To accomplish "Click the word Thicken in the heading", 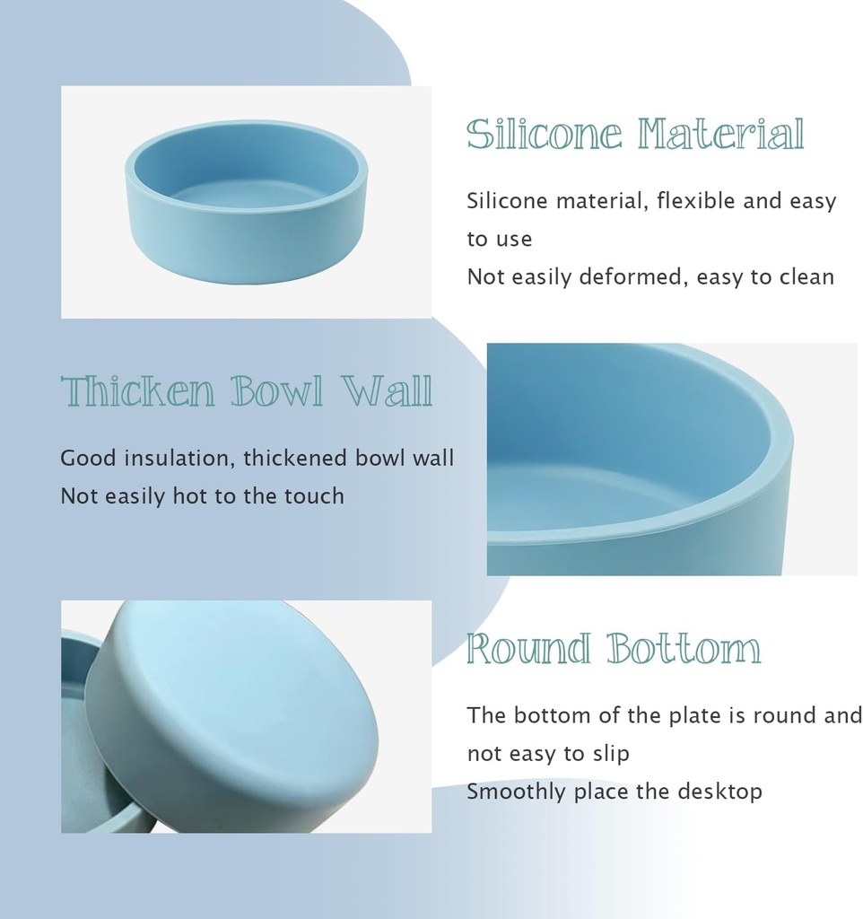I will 138,392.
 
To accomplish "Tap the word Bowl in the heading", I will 276,392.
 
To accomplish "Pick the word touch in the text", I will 314,495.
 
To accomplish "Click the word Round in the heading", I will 528,649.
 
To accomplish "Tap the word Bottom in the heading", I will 683,649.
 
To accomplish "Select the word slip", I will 611,753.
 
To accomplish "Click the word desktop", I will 719,792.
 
